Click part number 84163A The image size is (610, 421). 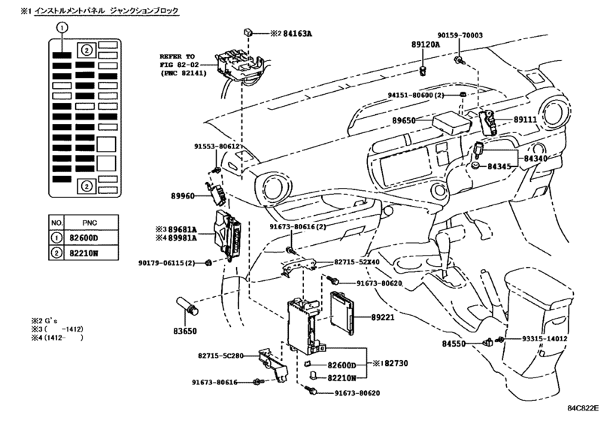(279, 33)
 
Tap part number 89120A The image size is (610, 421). (426, 45)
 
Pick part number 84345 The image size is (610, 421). (500, 164)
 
